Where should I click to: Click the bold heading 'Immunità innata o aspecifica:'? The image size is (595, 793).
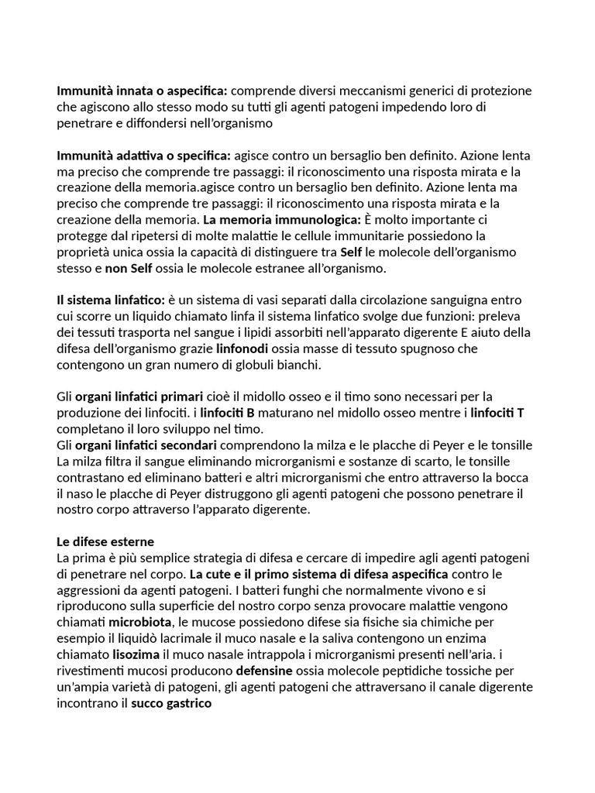pos(143,91)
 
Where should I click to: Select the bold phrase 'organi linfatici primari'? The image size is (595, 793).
pos(139,396)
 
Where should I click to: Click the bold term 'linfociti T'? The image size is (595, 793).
pos(497,413)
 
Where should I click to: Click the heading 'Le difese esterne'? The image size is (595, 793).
pos(105,541)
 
